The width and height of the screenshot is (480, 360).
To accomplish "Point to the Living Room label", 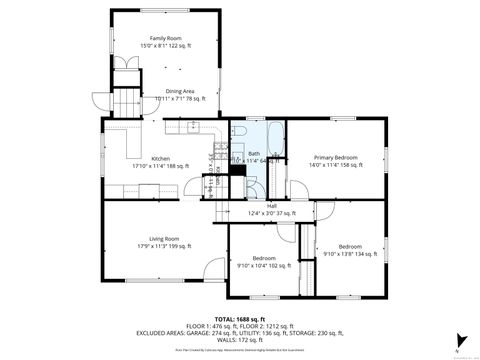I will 164,241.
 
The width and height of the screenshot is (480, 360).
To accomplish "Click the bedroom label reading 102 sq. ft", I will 265,262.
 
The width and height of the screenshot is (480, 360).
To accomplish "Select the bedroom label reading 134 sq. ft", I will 350,250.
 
